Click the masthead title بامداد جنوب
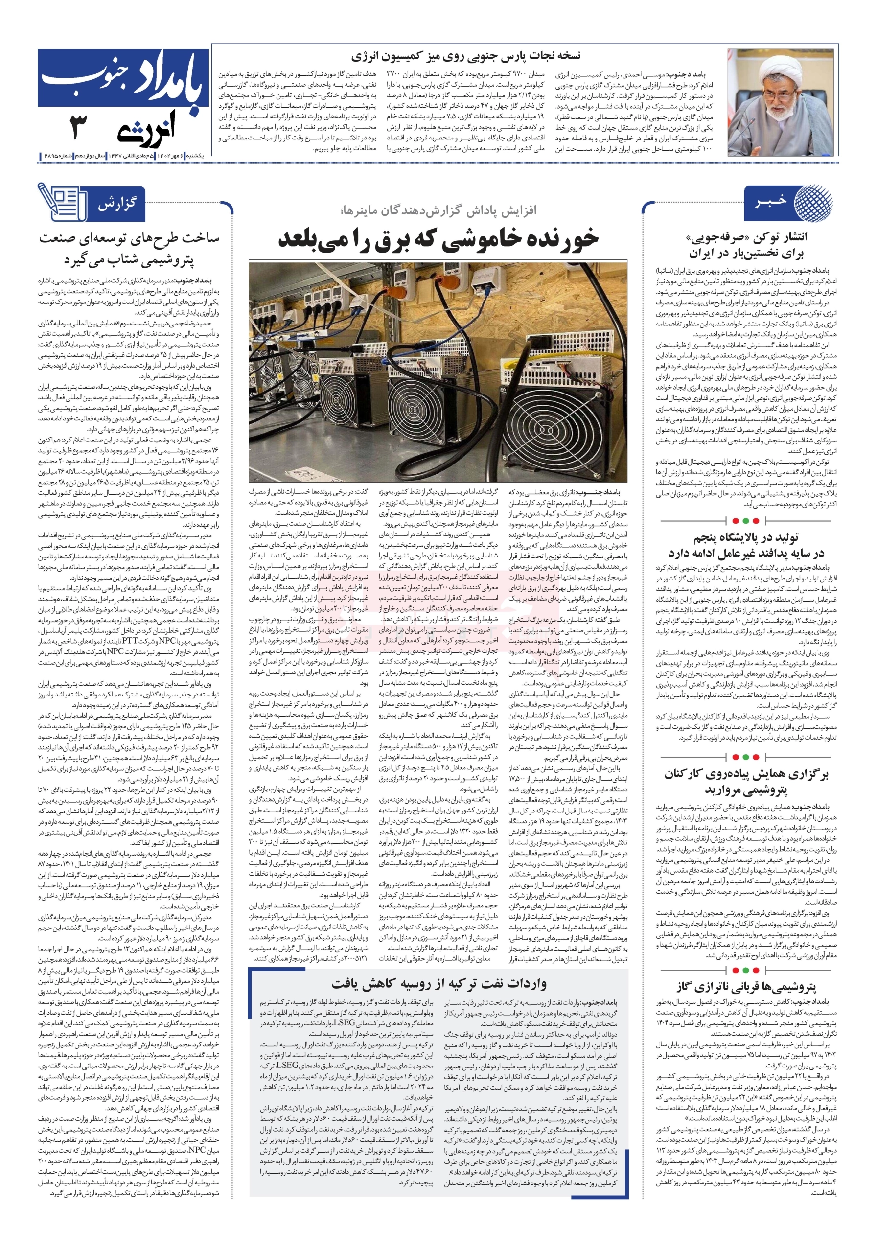[x=123, y=80]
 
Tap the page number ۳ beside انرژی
[x=79, y=127]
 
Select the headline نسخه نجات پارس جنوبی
[x=465, y=56]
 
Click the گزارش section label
[x=117, y=205]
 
